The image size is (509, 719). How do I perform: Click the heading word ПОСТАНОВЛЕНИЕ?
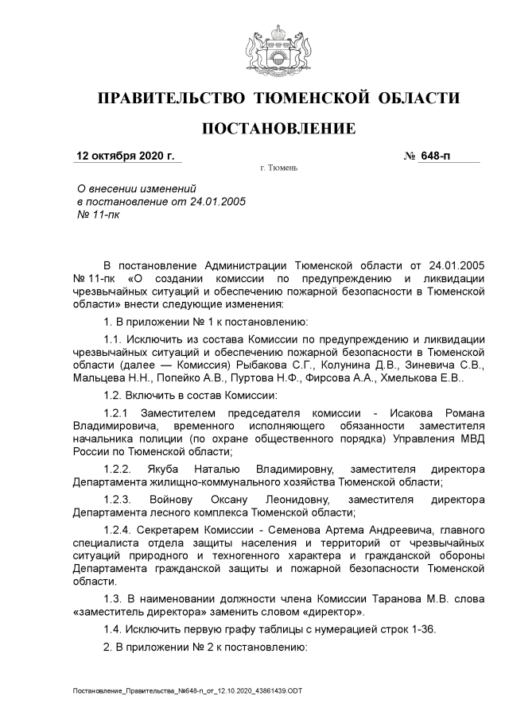(x=278, y=129)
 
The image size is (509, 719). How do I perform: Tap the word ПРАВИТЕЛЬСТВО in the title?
(x=169, y=99)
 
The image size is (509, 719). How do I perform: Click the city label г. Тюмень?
(x=278, y=169)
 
